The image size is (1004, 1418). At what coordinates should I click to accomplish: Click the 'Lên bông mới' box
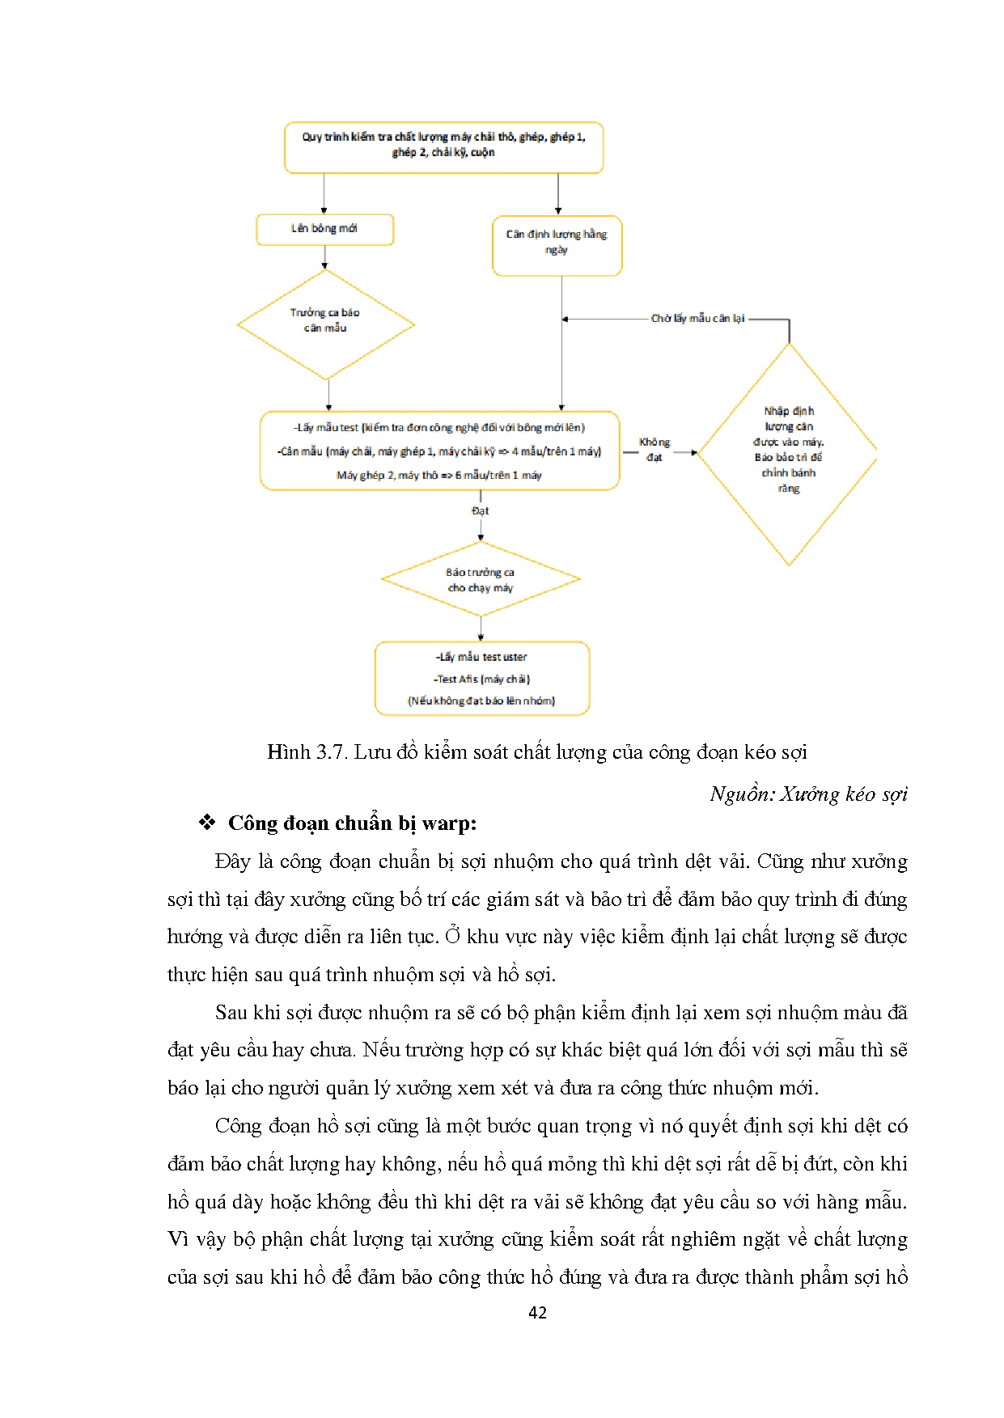pyautogui.click(x=324, y=229)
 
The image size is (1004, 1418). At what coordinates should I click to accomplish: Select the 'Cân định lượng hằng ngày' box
pyautogui.click(x=557, y=245)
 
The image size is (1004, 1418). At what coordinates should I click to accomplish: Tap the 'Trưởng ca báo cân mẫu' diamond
pyautogui.click(x=325, y=324)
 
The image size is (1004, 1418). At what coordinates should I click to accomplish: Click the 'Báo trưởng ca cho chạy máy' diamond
pyautogui.click(x=481, y=579)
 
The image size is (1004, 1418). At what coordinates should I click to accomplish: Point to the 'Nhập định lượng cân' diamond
pyautogui.click(x=788, y=453)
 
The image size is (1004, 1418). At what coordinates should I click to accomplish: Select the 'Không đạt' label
pyautogui.click(x=654, y=450)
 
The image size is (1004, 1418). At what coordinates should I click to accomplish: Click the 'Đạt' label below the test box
pyautogui.click(x=481, y=511)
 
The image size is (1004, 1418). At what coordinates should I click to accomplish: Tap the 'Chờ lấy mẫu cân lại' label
pyautogui.click(x=697, y=319)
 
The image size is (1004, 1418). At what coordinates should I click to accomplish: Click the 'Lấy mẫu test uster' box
pyautogui.click(x=481, y=678)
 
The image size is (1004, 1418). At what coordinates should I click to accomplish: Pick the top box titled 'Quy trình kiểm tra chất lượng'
pyautogui.click(x=443, y=146)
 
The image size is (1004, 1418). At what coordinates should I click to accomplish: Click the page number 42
pyautogui.click(x=537, y=1313)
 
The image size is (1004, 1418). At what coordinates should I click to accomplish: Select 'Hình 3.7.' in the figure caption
pyautogui.click(x=307, y=752)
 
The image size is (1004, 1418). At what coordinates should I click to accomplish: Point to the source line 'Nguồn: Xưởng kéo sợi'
pyautogui.click(x=808, y=794)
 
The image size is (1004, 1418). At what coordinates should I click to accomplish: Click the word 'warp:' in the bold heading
pyautogui.click(x=449, y=823)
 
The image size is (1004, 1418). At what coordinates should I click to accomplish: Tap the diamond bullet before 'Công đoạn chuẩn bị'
pyautogui.click(x=207, y=823)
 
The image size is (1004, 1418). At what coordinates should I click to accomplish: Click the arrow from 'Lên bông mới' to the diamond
pyautogui.click(x=324, y=256)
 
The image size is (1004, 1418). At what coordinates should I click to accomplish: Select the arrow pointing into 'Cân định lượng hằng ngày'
pyautogui.click(x=558, y=194)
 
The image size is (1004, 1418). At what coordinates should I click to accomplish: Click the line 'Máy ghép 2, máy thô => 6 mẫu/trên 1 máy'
pyautogui.click(x=439, y=476)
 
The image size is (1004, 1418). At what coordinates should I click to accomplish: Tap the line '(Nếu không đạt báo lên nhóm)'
pyautogui.click(x=481, y=701)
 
